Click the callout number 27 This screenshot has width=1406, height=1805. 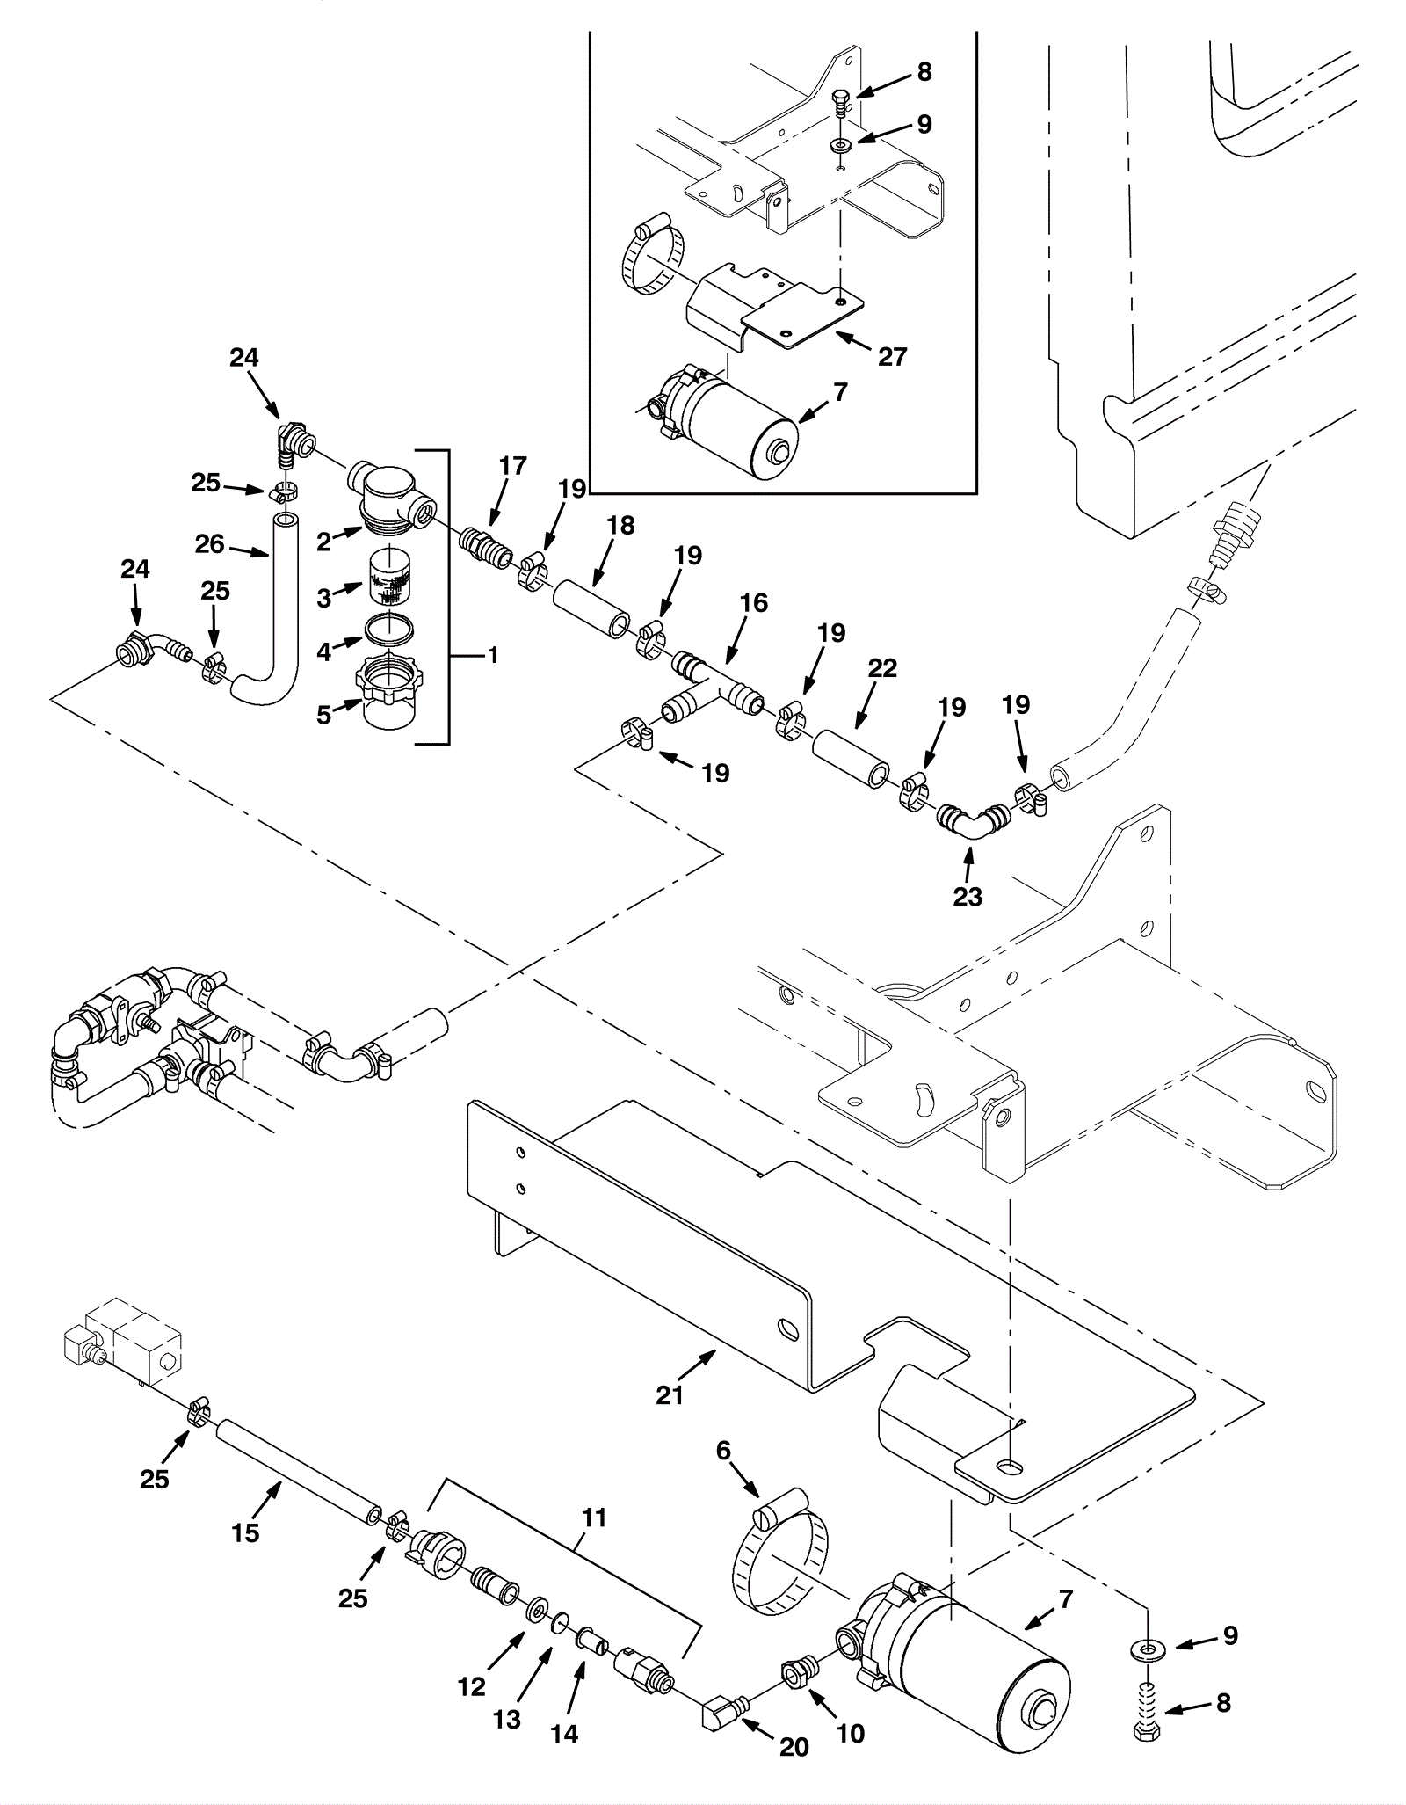pyautogui.click(x=892, y=356)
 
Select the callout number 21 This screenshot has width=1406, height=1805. pyautogui.click(x=670, y=1394)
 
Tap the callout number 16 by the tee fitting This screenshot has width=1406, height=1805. pyautogui.click(x=754, y=603)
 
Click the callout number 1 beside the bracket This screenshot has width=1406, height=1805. pyautogui.click(x=492, y=655)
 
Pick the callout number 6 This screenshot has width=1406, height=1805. pyautogui.click(x=723, y=1450)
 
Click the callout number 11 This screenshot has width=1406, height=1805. pyautogui.click(x=595, y=1518)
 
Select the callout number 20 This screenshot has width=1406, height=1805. pyautogui.click(x=794, y=1747)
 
